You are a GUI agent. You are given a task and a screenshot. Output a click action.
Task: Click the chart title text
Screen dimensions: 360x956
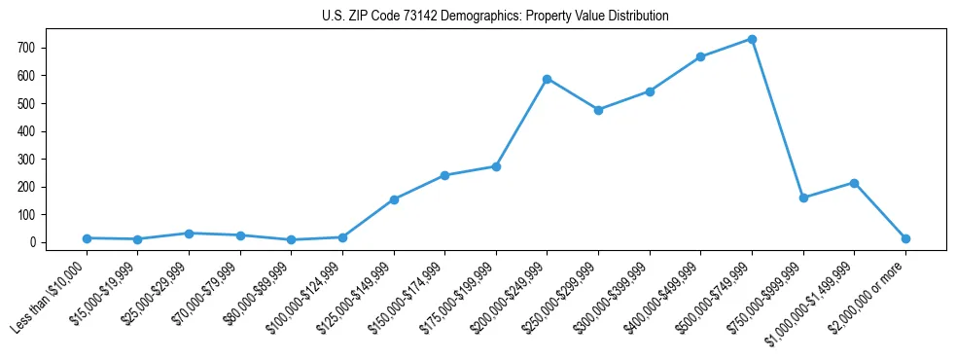coord(495,17)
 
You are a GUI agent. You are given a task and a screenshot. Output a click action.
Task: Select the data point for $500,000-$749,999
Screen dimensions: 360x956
coord(752,39)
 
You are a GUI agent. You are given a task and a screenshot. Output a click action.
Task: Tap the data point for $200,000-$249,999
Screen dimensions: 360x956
coord(548,79)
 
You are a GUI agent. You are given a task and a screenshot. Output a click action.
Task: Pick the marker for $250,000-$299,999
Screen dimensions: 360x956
coord(598,110)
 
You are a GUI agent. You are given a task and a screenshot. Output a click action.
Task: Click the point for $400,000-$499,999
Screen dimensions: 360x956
coord(700,56)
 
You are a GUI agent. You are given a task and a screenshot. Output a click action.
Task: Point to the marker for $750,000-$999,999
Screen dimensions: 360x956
coord(802,198)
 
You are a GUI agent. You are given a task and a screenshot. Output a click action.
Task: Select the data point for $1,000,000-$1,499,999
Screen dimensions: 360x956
coord(854,183)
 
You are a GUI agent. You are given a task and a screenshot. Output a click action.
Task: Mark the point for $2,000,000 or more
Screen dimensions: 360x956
coord(905,238)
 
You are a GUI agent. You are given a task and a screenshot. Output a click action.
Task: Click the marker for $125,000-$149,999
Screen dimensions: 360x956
coord(394,199)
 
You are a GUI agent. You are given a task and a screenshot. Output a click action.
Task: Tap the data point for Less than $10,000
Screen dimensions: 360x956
coord(88,238)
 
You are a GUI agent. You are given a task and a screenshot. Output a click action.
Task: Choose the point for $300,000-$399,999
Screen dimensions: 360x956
coord(650,91)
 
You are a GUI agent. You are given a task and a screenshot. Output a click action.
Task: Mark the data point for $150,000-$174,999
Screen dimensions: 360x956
coord(444,175)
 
